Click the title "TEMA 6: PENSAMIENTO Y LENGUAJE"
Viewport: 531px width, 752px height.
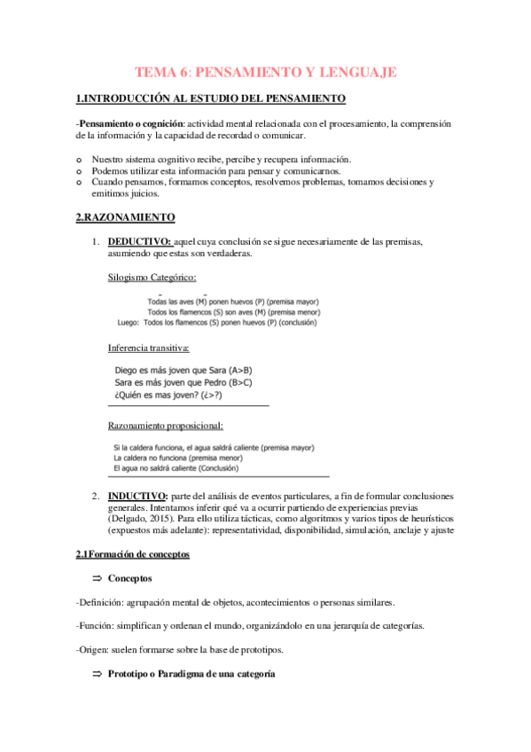click(x=265, y=72)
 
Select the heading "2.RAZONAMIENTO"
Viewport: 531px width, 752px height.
click(x=125, y=217)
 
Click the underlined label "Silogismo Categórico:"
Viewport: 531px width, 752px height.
click(x=152, y=277)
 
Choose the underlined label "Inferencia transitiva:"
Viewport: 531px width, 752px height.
click(x=149, y=347)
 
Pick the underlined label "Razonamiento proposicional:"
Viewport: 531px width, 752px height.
click(x=165, y=426)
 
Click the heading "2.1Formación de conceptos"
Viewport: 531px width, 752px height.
click(x=133, y=555)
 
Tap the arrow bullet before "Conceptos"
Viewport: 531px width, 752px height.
click(x=98, y=579)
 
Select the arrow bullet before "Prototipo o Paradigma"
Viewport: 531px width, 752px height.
click(x=98, y=675)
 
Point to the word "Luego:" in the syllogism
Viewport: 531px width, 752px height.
click(x=129, y=323)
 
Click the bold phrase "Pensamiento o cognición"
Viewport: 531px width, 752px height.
click(x=133, y=122)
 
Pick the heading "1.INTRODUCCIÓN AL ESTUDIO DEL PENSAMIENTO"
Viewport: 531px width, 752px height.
click(x=210, y=98)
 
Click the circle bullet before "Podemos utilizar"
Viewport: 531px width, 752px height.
click(x=80, y=171)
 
